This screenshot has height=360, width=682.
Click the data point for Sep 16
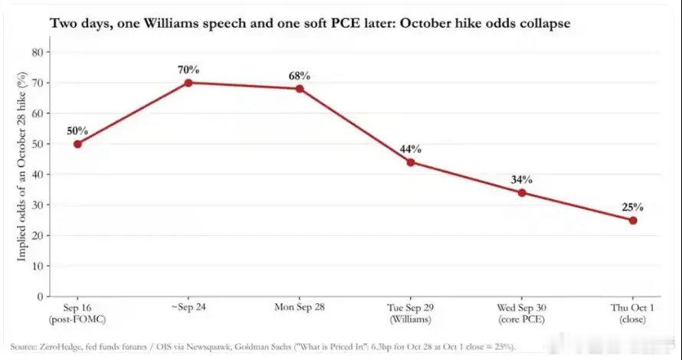(77, 144)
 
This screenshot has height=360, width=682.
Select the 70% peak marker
(189, 83)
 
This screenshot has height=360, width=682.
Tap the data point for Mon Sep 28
(300, 89)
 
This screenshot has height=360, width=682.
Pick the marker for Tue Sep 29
(411, 162)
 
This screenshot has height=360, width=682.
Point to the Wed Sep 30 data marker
(522, 192)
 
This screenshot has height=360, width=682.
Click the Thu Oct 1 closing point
(633, 221)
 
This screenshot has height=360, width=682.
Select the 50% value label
(77, 131)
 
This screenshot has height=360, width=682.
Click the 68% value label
(300, 76)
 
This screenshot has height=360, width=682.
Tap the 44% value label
(411, 149)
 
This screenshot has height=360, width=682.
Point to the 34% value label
(522, 179)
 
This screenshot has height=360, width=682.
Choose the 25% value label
(633, 208)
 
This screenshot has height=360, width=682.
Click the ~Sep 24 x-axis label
(189, 307)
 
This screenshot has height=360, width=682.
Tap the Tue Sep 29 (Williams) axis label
(411, 313)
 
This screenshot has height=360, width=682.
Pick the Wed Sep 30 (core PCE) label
(522, 313)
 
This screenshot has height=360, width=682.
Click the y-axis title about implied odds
(21, 166)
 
